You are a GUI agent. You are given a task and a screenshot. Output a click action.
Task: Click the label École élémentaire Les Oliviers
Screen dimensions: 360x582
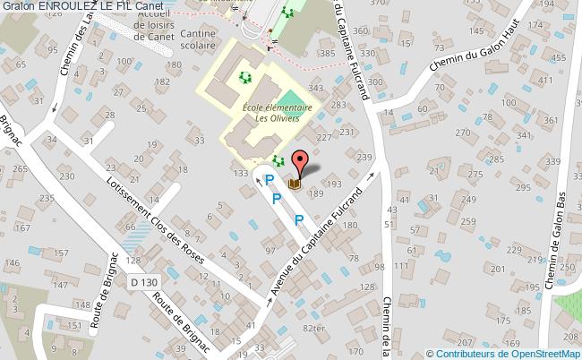(277, 112)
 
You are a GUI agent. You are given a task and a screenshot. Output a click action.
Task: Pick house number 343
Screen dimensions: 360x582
(315, 88)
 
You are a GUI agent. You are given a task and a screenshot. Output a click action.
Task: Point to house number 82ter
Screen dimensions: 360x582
(313, 328)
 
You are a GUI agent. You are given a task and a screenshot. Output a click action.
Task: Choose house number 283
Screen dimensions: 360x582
(338, 106)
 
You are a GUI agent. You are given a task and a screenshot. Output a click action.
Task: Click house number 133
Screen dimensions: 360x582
(240, 173)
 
